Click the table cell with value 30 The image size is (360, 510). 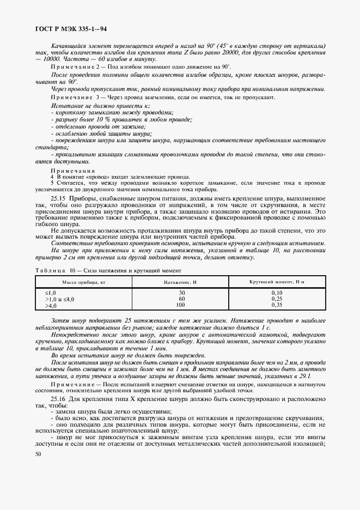pyautogui.click(x=181, y=293)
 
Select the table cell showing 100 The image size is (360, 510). pyautogui.click(x=181, y=305)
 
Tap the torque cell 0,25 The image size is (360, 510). pyautogui.click(x=276, y=299)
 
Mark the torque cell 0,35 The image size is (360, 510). pyautogui.click(x=276, y=305)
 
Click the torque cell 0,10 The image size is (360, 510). pyautogui.click(x=276, y=293)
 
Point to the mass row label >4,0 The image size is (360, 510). pyautogui.click(x=52, y=305)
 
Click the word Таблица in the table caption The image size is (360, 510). pyautogui.click(x=50, y=270)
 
